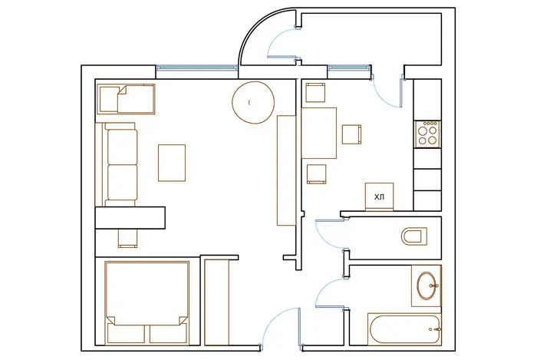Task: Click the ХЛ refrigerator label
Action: click(x=379, y=197)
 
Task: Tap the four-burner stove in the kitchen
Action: click(x=427, y=134)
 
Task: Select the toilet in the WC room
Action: click(x=414, y=236)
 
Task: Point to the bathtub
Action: click(x=404, y=329)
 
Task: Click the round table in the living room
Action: click(x=253, y=102)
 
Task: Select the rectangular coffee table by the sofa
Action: click(x=172, y=163)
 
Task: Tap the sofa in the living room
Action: click(x=117, y=165)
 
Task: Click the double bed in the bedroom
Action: click(x=147, y=302)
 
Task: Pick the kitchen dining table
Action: click(x=319, y=133)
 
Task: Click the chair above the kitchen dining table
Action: click(x=315, y=92)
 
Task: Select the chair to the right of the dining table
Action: click(x=351, y=134)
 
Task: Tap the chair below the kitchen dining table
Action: click(x=316, y=174)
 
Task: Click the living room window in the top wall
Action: click(x=197, y=68)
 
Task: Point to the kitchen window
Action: click(x=349, y=68)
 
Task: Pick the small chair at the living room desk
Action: click(x=128, y=238)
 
